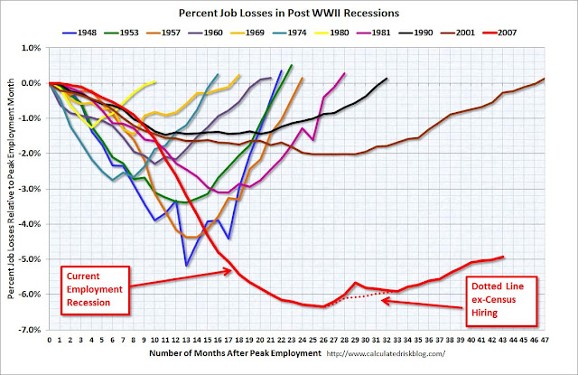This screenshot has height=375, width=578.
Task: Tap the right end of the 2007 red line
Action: tap(502, 256)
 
